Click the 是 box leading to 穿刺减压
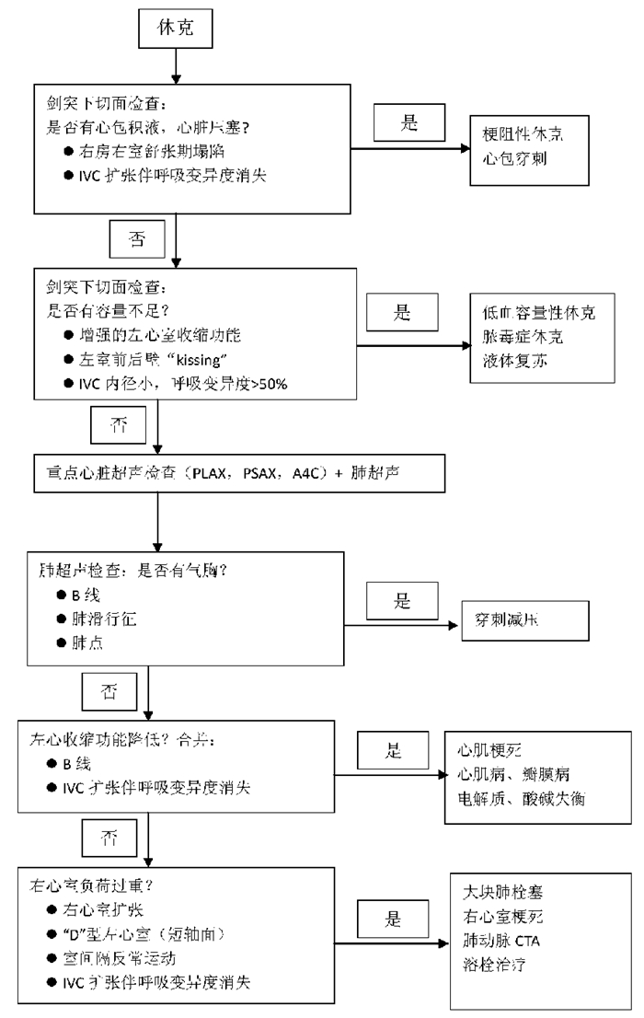click(x=402, y=602)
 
